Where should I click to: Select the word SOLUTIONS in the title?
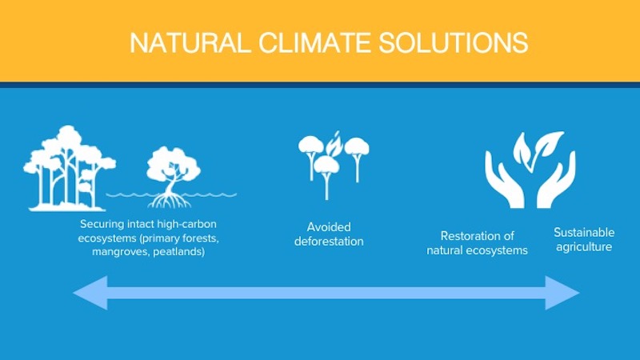453,42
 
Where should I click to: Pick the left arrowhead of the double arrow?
90,293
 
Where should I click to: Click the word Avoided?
329,227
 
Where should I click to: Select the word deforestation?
329,242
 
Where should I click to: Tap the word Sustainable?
584,233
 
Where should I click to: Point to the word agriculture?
584,247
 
